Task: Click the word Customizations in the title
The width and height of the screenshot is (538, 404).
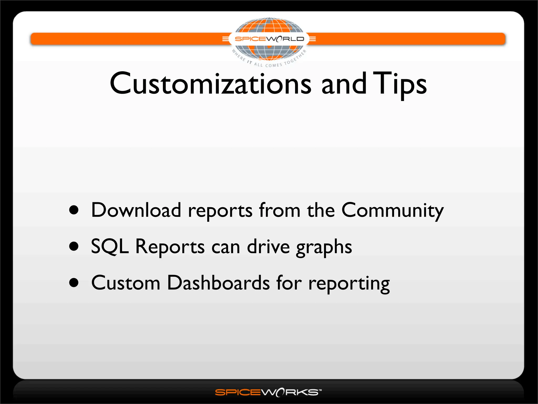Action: tap(210, 84)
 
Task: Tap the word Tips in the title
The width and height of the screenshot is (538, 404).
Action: tap(400, 84)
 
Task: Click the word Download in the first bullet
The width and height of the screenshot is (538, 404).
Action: tap(136, 210)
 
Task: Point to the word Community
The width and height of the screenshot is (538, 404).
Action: tap(392, 210)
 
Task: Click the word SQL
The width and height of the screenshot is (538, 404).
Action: tap(110, 247)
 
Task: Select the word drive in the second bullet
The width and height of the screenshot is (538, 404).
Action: tap(268, 247)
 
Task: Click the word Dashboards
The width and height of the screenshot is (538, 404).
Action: tap(218, 283)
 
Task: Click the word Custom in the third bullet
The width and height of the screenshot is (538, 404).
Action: tap(126, 283)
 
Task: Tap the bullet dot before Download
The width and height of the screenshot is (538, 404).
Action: tap(74, 210)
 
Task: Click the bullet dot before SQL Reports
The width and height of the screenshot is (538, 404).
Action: tap(74, 246)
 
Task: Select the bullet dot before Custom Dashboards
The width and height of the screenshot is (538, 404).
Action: tap(74, 283)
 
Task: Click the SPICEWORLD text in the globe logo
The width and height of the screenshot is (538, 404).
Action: tap(269, 39)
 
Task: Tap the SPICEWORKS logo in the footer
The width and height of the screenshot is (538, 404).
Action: tap(268, 392)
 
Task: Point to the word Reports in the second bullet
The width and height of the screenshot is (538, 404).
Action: tap(170, 247)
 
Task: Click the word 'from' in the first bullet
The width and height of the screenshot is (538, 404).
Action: tap(280, 210)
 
